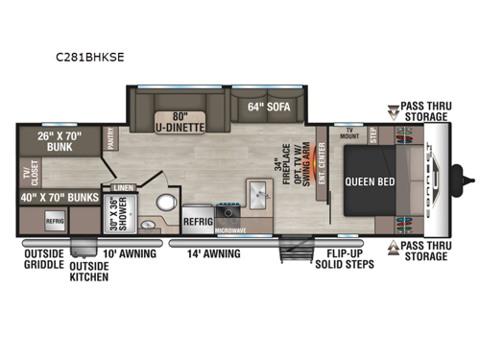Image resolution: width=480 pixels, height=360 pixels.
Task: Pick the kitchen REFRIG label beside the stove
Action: click(x=197, y=220)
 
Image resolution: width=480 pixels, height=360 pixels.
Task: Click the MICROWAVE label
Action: click(x=229, y=231)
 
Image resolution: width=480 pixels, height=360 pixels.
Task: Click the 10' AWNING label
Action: click(x=126, y=254)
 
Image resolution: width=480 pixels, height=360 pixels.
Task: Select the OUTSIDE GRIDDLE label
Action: click(x=43, y=260)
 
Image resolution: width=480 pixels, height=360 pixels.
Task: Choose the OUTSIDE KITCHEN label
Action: click(x=88, y=272)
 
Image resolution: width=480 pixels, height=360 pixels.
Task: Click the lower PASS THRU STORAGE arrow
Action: click(x=392, y=245)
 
